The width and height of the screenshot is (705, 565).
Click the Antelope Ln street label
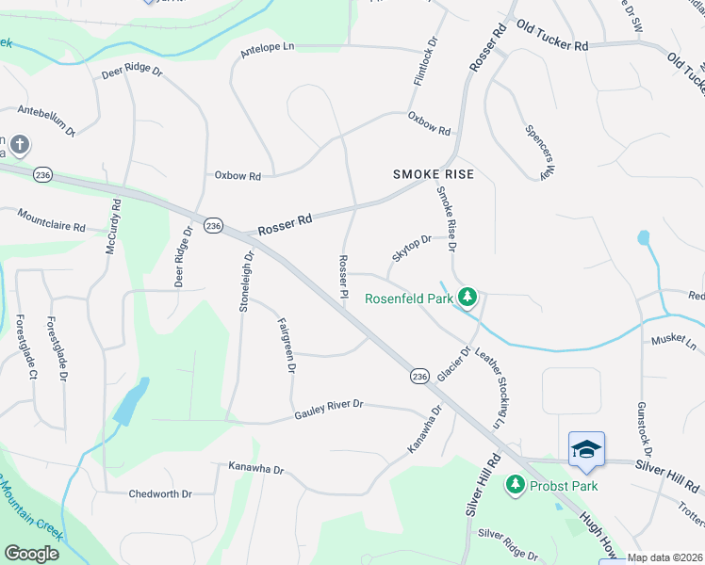tap(268, 46)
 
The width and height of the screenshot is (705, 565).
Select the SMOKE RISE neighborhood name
tap(433, 175)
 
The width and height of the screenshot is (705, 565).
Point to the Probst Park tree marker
tap(515, 485)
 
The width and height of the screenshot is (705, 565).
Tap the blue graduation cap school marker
tap(585, 451)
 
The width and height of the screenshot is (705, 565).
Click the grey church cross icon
tap(20, 144)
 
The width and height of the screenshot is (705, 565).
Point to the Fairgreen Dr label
tap(286, 345)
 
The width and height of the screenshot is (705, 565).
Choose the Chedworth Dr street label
tap(160, 493)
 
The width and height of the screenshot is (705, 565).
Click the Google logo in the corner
tap(31, 553)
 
